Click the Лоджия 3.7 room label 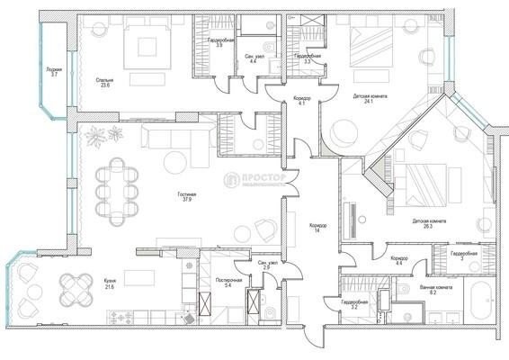click(x=54, y=73)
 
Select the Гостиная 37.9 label click(x=187, y=197)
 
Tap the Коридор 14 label click(x=317, y=228)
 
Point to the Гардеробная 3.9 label click(x=220, y=43)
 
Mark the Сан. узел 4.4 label click(x=254, y=58)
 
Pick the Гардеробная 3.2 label click(x=354, y=305)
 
